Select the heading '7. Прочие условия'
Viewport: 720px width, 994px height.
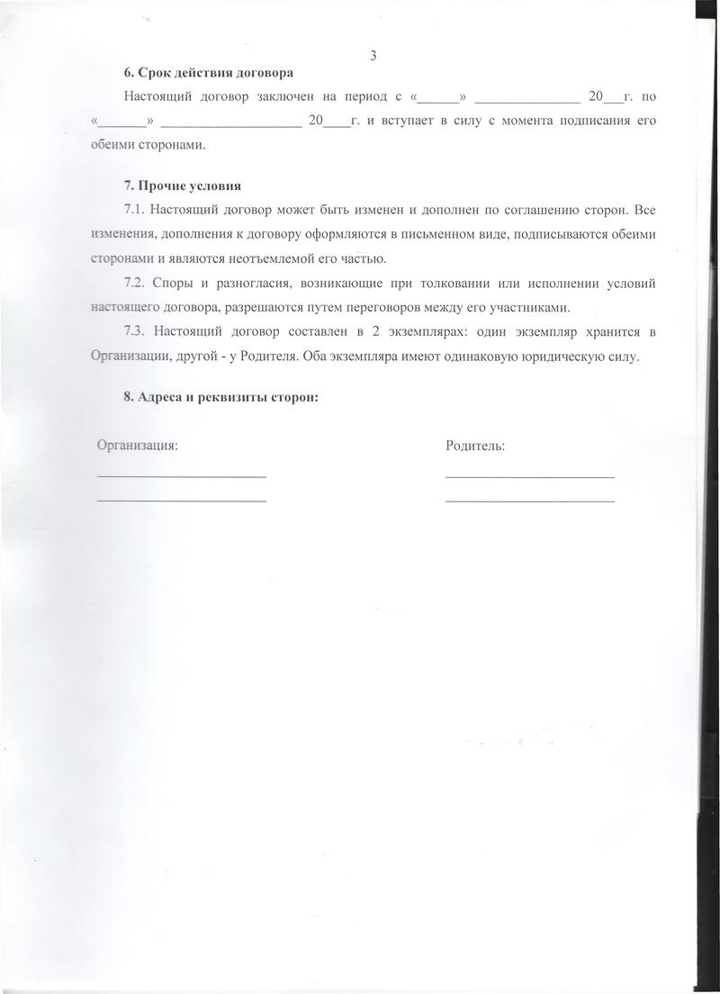tap(183, 187)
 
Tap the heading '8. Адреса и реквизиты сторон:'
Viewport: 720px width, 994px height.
tap(221, 399)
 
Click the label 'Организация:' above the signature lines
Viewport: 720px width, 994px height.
tap(137, 446)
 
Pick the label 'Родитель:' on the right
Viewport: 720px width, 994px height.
tap(474, 446)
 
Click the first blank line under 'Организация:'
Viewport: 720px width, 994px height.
tap(181, 475)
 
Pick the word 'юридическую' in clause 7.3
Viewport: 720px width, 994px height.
tap(563, 357)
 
